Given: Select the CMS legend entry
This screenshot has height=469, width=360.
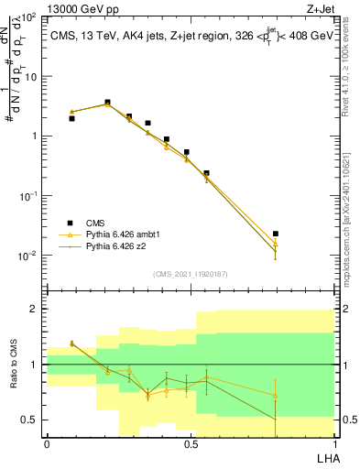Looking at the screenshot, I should click(96, 223).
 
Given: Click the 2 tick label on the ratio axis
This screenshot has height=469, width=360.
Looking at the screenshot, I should click(36, 309).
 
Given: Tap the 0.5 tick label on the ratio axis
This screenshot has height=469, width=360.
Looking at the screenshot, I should click(32, 420).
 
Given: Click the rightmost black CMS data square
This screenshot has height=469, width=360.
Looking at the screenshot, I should click(276, 234).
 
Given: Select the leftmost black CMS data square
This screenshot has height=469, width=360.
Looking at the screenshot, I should click(71, 118).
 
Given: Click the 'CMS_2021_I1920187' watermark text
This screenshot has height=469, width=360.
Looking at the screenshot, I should click(190, 273).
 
